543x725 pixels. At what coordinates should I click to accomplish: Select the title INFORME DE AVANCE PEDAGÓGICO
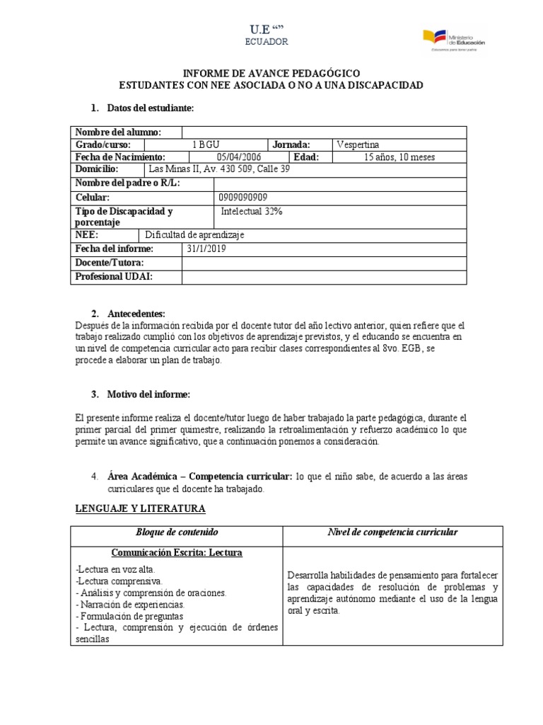pyautogui.click(x=271, y=74)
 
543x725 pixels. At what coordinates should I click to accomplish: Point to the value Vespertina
pyautogui.click(x=358, y=144)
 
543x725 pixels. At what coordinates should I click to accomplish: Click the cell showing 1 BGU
pyautogui.click(x=210, y=144)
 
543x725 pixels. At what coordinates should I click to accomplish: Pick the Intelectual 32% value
pyautogui.click(x=250, y=211)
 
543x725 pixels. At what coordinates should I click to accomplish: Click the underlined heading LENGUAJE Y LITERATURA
pyautogui.click(x=140, y=508)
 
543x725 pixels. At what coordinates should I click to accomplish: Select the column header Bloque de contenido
pyautogui.click(x=177, y=532)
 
